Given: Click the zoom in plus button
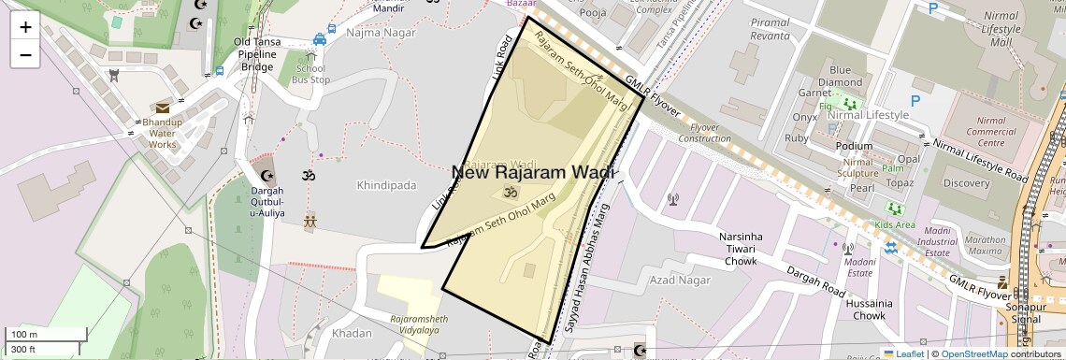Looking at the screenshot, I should (25, 27).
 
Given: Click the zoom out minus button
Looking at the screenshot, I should (25, 54).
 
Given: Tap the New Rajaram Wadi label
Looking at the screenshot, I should (533, 172).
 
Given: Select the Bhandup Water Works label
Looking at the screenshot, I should (162, 133).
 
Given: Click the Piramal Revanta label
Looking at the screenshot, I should (770, 29).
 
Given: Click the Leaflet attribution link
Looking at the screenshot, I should (903, 353).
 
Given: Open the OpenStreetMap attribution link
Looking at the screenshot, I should (973, 353).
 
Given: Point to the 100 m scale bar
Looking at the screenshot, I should (47, 335).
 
